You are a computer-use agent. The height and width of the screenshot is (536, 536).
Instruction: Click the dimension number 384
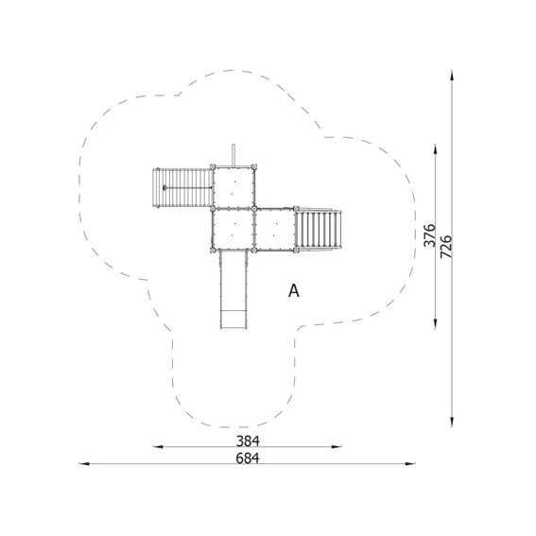coord(248,441)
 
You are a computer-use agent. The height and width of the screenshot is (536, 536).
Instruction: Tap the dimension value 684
coord(248,458)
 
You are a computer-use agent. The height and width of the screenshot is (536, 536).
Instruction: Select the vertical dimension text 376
coord(429,235)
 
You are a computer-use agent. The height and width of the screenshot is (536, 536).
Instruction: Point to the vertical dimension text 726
coord(446,247)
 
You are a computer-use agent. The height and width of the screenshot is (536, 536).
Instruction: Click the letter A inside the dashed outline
coord(294,291)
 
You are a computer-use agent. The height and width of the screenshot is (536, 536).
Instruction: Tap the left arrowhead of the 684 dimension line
coord(84,464)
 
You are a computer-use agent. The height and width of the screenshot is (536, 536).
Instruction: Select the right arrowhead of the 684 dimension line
coord(410,464)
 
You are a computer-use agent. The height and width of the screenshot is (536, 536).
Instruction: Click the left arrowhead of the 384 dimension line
coord(158,446)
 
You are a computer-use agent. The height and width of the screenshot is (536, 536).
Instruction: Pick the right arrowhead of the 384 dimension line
coord(337,446)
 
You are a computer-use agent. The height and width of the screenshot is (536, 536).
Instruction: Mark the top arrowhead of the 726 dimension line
coord(452,76)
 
